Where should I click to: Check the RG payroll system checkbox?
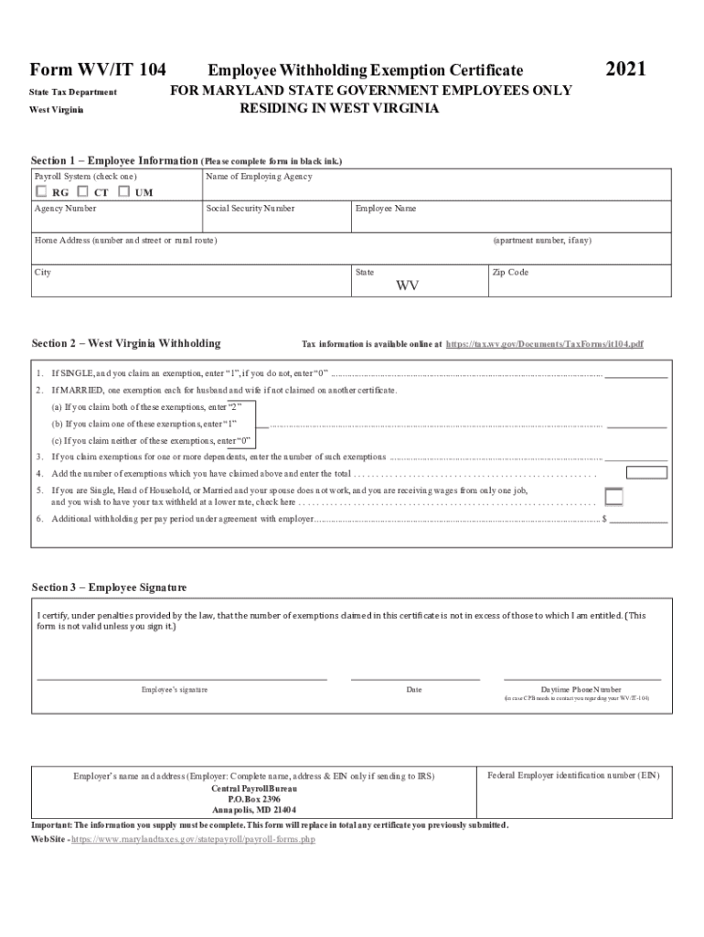pos(41,192)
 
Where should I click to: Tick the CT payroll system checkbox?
pos(83,192)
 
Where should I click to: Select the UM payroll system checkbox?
pos(124,192)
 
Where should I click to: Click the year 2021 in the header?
pos(626,70)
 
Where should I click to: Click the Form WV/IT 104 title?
pos(99,70)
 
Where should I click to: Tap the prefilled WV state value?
pos(408,285)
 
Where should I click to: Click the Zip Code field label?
pos(510,273)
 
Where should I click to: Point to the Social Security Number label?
pos(251,209)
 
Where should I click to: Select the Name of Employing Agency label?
pos(259,177)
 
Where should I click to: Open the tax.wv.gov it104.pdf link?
pos(544,344)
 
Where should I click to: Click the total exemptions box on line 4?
pos(646,473)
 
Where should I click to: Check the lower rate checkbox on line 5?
pos(614,497)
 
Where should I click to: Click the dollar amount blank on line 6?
pos(638,519)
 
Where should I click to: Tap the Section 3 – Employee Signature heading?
pos(109,587)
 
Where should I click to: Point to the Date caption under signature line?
pos(414,689)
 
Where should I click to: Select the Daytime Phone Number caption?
pos(581,689)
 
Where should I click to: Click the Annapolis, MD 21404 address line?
pos(254,810)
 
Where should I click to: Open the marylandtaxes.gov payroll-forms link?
pos(193,838)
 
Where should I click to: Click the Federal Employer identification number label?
pos(573,775)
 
